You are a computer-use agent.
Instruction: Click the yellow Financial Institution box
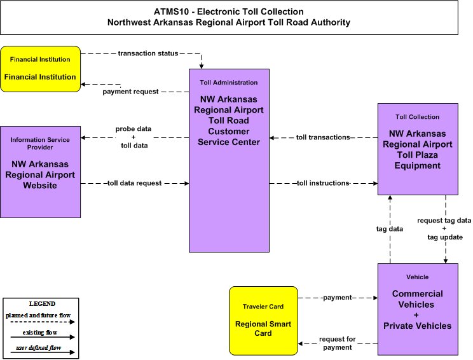coord(41,69)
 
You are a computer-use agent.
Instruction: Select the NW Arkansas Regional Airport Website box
coord(41,172)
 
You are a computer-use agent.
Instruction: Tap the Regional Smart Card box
coord(263,321)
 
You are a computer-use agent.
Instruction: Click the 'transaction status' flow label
coord(147,53)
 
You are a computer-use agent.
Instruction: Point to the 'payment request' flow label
coord(130,92)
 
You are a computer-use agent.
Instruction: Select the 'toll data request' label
coord(134,183)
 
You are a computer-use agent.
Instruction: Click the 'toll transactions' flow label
coord(323,137)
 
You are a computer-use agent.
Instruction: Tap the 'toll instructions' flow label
coord(323,183)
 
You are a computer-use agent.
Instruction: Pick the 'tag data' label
coord(390,229)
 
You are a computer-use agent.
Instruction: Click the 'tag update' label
coord(445,237)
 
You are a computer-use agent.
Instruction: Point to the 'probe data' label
coord(134,129)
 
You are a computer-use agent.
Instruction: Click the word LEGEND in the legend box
coord(42,304)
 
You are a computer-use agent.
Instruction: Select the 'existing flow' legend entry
coord(40,333)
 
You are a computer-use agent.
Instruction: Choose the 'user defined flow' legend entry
coord(39,348)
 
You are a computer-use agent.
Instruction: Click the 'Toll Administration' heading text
coord(229,83)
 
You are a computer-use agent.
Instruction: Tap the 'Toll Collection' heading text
coord(418,117)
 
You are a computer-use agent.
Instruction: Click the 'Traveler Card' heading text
coord(263,307)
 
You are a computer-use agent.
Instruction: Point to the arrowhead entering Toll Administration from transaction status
coord(201,66)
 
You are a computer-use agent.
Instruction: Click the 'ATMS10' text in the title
coord(171,12)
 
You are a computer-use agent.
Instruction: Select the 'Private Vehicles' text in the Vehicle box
coord(418,326)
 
